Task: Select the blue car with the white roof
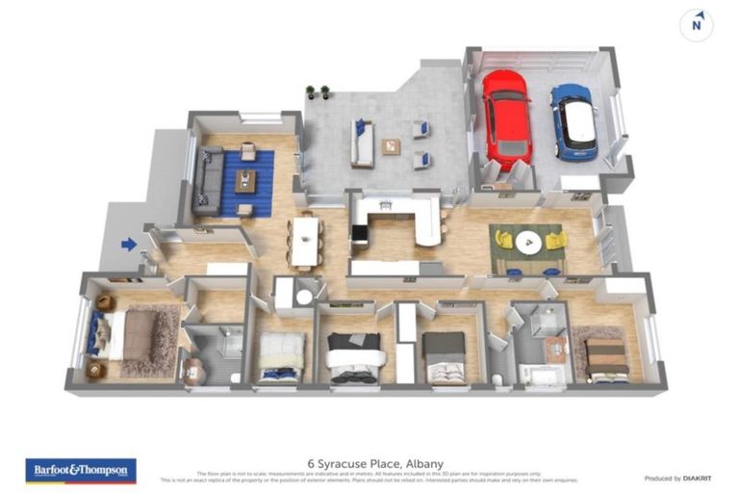[x=574, y=122]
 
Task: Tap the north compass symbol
[x=697, y=26]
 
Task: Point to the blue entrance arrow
[x=129, y=245]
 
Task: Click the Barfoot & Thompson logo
[x=81, y=470]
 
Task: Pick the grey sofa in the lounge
[x=206, y=181]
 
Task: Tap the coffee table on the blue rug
[x=246, y=180]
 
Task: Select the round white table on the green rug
[x=527, y=243]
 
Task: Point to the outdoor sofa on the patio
[x=363, y=144]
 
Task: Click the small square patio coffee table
[x=391, y=147]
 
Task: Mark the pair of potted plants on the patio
[x=318, y=92]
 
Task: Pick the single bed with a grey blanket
[x=444, y=355]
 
